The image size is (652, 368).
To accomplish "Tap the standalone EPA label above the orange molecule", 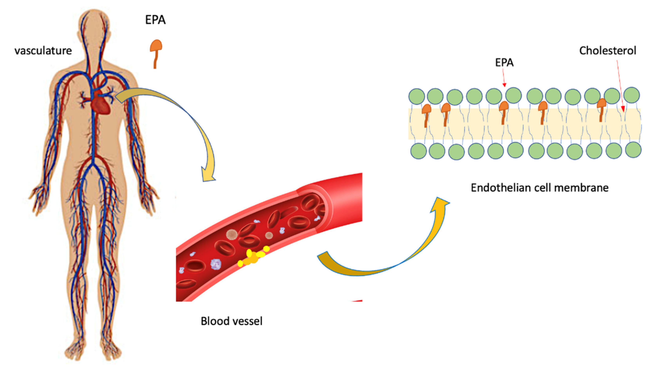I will (x=155, y=20).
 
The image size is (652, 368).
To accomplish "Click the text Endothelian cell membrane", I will (x=539, y=188).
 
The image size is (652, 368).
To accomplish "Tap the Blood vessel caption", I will (x=231, y=321).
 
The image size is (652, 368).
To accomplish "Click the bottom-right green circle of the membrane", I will (x=633, y=150).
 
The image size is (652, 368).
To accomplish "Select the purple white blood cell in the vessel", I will (x=216, y=264).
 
